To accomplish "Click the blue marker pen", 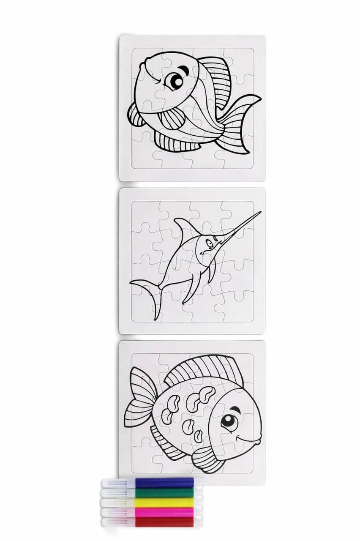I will click(x=165, y=483).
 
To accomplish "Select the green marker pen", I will click(x=165, y=492).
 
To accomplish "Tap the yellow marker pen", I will click(x=165, y=502).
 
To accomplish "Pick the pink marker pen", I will click(x=165, y=512).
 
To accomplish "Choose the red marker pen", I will click(x=165, y=522).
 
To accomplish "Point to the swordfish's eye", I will click(x=208, y=242).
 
